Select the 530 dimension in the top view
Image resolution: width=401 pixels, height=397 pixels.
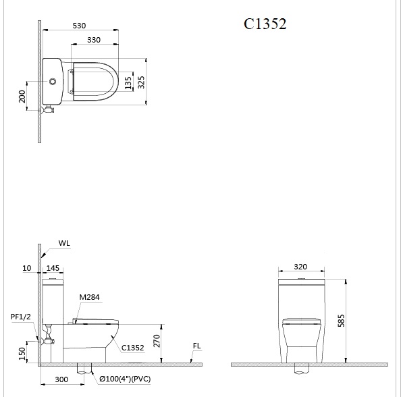click(x=80, y=26)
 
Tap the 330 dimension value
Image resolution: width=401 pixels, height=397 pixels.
click(x=94, y=41)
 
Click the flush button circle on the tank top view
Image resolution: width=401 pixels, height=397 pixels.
click(x=53, y=82)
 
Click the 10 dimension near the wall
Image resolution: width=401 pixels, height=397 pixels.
click(x=27, y=269)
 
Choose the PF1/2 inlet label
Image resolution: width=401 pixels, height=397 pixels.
click(x=20, y=315)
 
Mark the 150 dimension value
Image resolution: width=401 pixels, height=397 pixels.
click(x=22, y=352)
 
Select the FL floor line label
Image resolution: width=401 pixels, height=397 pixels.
click(x=196, y=346)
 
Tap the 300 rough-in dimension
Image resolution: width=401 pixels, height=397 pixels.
click(x=61, y=380)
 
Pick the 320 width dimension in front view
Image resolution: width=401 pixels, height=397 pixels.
click(x=302, y=267)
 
